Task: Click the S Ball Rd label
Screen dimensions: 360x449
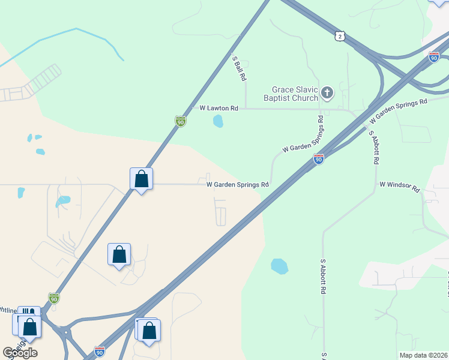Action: (240, 69)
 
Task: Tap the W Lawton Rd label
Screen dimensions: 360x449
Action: (219, 108)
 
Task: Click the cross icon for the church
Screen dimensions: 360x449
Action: (327, 92)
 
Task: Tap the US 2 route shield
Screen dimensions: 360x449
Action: (340, 37)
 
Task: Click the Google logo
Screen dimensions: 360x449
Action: (20, 352)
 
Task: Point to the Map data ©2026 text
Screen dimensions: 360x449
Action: (423, 355)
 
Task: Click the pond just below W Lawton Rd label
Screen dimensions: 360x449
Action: (218, 121)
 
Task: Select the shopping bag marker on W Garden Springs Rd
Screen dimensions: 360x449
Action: (141, 179)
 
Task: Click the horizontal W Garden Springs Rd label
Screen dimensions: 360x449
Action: (237, 185)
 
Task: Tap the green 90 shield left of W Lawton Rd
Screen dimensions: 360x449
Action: (180, 121)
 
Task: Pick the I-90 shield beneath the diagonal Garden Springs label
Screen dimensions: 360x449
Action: (318, 159)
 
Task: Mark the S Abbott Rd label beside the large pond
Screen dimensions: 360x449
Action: (323, 276)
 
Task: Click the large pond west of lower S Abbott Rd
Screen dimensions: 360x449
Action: (279, 265)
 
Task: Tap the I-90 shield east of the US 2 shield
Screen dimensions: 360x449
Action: (434, 57)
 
